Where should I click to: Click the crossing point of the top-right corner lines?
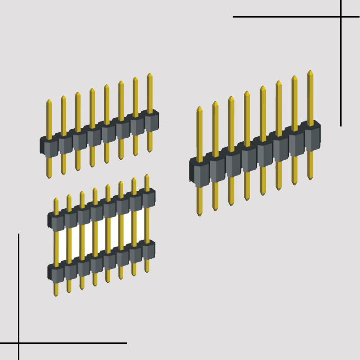click(341, 17)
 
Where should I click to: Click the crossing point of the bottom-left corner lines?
click(18, 343)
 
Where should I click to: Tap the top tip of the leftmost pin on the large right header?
click(199, 108)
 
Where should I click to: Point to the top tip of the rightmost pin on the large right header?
click(310, 71)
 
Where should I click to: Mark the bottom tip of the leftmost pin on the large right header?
click(199, 215)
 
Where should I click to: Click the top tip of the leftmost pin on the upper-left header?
click(49, 101)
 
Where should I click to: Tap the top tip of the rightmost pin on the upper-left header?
click(150, 74)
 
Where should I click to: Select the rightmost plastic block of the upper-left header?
click(151, 121)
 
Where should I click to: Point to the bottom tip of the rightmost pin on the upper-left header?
click(150, 151)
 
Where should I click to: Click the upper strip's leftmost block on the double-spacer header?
click(56, 222)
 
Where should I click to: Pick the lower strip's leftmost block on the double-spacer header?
click(56, 274)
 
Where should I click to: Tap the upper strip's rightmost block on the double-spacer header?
click(148, 198)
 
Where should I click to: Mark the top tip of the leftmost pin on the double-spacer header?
click(56, 199)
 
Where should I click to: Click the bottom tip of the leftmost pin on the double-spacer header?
click(56, 295)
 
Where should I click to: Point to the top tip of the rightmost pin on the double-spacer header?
click(147, 175)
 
